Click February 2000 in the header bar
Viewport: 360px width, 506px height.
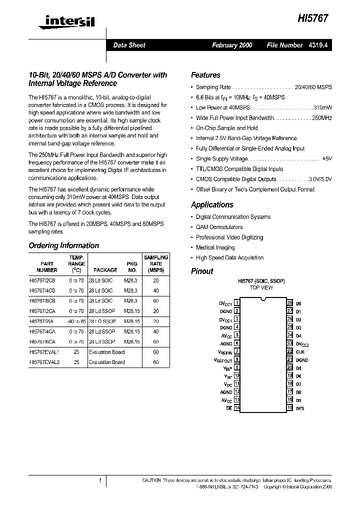pos(232,45)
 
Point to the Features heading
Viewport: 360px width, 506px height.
pos(205,75)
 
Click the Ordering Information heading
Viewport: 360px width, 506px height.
pos(63,245)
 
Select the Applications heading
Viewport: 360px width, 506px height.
pos(212,204)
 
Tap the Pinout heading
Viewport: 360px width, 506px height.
pos(202,271)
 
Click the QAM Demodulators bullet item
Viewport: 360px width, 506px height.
pos(219,227)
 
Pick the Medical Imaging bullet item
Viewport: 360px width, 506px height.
pos(215,247)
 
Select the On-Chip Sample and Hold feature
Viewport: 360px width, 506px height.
pos(226,128)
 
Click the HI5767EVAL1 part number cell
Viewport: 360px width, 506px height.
pos(44,352)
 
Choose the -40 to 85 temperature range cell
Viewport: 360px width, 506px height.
pos(76,321)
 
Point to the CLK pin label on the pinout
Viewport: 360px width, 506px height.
pos(300,351)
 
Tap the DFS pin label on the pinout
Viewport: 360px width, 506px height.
pos(300,408)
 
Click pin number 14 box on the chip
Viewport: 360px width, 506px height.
pos(237,408)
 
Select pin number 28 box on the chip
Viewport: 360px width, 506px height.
pos(289,303)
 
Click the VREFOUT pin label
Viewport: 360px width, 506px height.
pos(223,359)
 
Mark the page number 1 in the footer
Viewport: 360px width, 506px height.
pos(100,480)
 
